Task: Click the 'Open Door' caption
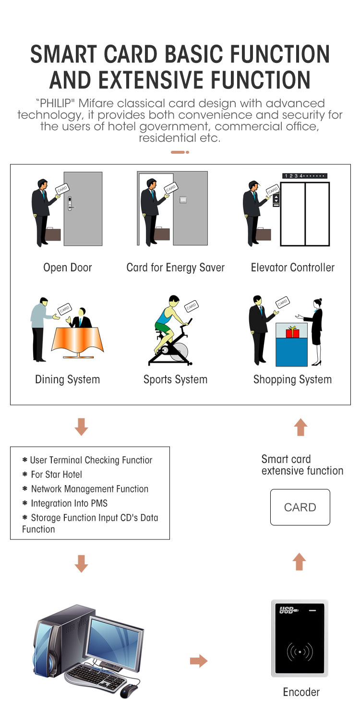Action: [67, 268]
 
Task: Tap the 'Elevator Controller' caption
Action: [292, 268]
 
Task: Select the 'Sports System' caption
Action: [175, 379]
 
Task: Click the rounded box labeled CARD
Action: [300, 507]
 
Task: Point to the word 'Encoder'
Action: [301, 692]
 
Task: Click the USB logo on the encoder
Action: [288, 611]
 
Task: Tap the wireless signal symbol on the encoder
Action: [300, 652]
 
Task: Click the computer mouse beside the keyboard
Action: [128, 691]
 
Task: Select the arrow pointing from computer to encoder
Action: [198, 661]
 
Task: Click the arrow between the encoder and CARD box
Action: [299, 562]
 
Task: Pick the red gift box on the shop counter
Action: [292, 332]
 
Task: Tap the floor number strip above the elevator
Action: [304, 176]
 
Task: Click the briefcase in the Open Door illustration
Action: [52, 234]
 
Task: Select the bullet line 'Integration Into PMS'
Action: [69, 503]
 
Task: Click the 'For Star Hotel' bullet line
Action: [56, 475]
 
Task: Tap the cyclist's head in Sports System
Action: [174, 304]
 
